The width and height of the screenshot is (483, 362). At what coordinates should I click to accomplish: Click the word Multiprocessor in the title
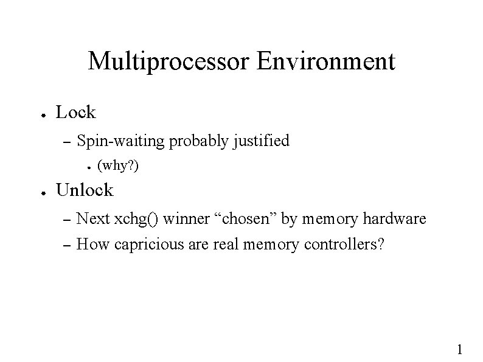(169, 62)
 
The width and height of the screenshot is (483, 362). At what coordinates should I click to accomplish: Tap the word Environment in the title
(326, 61)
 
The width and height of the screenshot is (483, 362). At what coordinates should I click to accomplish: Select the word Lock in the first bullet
(75, 112)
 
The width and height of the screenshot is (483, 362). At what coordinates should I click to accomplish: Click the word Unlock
(84, 190)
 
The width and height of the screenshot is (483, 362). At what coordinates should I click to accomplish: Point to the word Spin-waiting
(122, 142)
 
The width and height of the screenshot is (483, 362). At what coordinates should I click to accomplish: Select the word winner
(184, 219)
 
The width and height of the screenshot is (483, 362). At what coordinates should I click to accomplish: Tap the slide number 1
(459, 349)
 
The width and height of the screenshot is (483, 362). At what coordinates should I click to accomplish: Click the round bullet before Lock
(37, 113)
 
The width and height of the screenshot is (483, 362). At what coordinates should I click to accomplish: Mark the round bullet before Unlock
(37, 191)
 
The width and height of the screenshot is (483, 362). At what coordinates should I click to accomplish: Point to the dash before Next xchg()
(68, 219)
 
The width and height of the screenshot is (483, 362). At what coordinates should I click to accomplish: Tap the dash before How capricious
(68, 245)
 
